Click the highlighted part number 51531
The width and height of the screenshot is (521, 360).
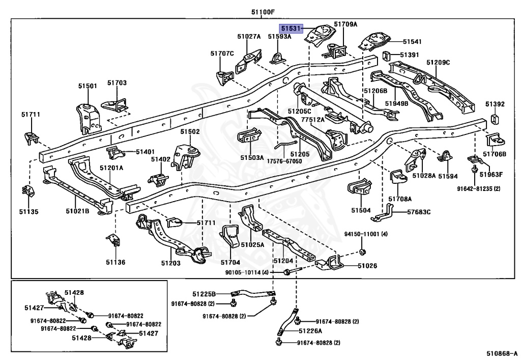coord(292,29)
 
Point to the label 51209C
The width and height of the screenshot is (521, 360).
coord(439,63)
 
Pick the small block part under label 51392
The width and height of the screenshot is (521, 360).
coord(494,120)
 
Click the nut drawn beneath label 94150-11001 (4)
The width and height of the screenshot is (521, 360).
coord(361,252)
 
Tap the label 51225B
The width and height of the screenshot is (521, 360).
coord(204,294)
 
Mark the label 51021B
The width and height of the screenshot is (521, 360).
coord(77,210)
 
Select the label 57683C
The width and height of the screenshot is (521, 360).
coord(419,212)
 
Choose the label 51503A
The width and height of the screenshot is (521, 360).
coord(252,158)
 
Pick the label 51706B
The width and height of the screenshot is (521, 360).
coord(495,154)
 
